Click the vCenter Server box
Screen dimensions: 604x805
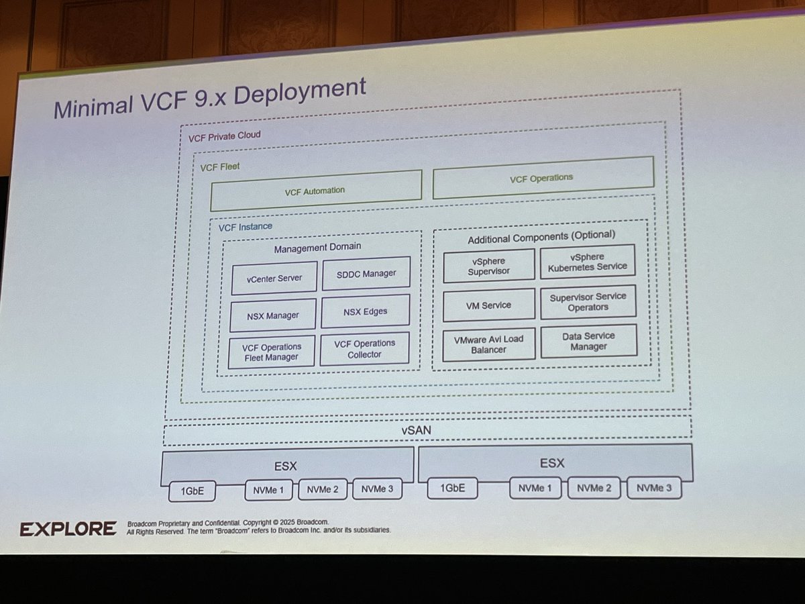point(274,278)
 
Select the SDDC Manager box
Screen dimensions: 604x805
point(366,274)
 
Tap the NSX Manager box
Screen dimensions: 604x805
point(272,315)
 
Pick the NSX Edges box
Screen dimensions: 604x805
point(365,311)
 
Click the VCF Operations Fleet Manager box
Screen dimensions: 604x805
point(272,352)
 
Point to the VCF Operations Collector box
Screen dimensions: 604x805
point(364,349)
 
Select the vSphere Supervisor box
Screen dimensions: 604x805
point(488,266)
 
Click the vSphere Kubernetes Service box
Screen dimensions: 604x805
point(587,262)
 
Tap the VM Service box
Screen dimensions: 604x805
point(488,305)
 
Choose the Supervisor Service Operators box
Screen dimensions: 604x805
point(588,302)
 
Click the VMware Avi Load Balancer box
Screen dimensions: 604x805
point(488,344)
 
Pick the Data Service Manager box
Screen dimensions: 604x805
point(588,341)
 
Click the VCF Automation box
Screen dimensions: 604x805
point(315,191)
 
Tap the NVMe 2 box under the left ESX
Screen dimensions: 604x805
point(323,490)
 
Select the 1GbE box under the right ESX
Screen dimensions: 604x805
point(453,488)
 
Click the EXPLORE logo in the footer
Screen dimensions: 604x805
point(68,529)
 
